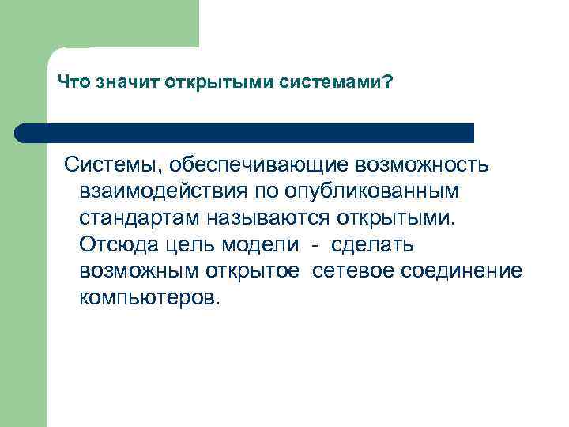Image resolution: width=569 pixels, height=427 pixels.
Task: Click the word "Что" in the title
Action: click(74, 83)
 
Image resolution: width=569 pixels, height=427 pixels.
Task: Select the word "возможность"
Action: click(424, 165)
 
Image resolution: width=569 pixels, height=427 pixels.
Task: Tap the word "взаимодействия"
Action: click(163, 192)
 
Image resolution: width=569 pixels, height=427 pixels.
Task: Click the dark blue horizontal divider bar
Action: click(245, 132)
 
